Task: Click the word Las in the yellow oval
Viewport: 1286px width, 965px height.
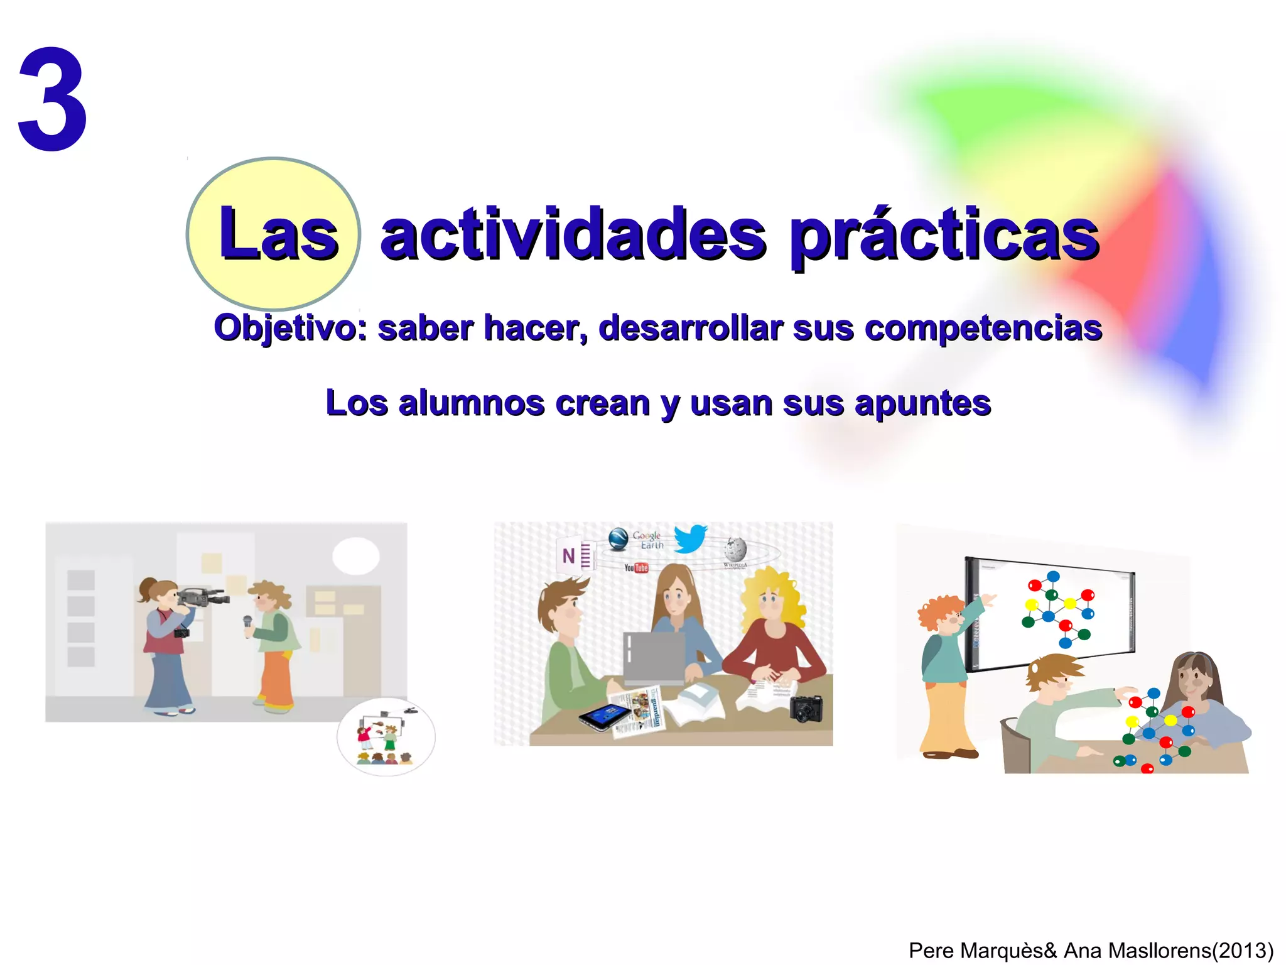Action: click(x=278, y=234)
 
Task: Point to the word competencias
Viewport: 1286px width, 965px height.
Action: click(x=983, y=328)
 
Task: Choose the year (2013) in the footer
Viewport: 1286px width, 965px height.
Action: click(x=1242, y=950)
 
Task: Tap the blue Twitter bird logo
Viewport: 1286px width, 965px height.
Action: click(x=690, y=538)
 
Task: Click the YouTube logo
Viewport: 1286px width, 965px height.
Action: click(x=636, y=568)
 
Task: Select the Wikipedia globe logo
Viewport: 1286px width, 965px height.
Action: click(x=735, y=550)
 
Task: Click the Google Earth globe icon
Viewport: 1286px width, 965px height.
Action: click(x=619, y=538)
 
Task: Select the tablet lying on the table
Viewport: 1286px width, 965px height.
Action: click(x=604, y=716)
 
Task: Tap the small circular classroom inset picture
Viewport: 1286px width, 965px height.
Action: click(x=386, y=737)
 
